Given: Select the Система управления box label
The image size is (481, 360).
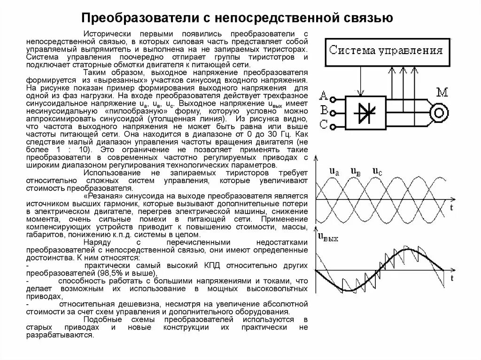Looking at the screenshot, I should pos(386,51).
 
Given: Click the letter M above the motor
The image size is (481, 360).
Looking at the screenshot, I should pos(442,92).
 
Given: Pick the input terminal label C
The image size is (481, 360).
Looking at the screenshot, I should pos(323,125).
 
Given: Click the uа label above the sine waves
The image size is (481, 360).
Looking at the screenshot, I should pos(334,172).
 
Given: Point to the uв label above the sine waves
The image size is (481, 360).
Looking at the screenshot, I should pos(356,172).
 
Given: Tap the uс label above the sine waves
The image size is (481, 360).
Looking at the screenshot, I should pos(377,172).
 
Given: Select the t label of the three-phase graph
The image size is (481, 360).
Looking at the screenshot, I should pos(451,207).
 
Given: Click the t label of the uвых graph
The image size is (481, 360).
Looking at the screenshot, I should pos(451,278).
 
